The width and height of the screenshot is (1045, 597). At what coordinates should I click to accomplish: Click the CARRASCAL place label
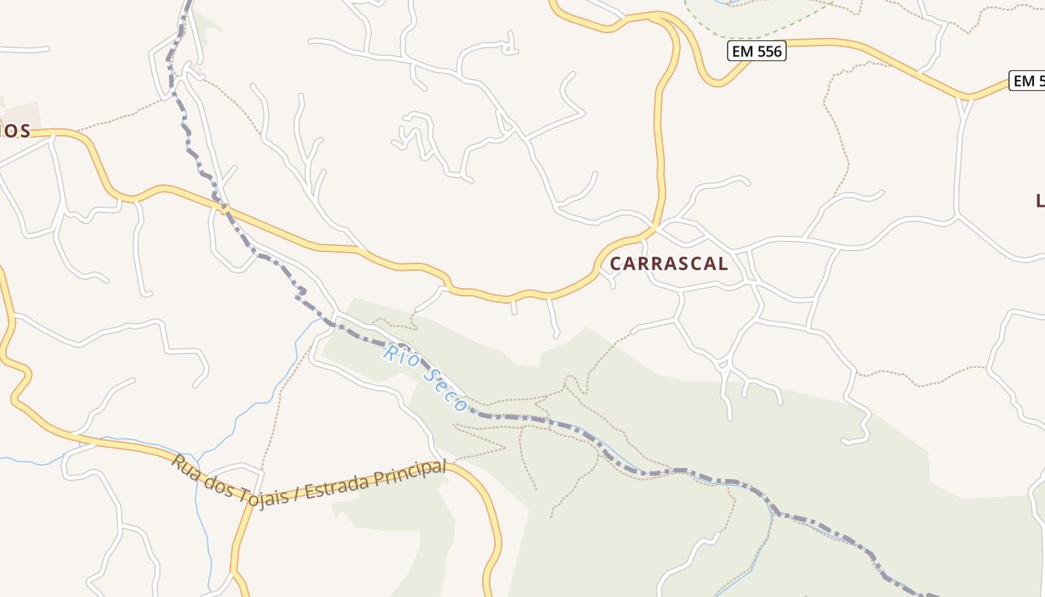click(x=669, y=263)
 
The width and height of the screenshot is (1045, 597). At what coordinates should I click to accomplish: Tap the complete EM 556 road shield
click(x=756, y=51)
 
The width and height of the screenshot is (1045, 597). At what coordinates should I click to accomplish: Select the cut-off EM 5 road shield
click(x=1027, y=81)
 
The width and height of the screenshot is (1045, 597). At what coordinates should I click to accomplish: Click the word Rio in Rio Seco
click(x=398, y=354)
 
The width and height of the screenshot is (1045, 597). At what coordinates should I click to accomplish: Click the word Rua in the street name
click(x=184, y=463)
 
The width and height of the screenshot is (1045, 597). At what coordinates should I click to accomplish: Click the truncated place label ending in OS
click(x=15, y=131)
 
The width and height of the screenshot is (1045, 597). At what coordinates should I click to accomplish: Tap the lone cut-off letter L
click(x=1040, y=200)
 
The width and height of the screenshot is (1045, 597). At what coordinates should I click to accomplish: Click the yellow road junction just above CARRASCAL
click(x=655, y=226)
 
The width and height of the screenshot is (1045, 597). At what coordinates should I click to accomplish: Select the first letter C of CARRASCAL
click(x=617, y=263)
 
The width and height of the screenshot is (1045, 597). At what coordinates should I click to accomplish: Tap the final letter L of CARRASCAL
click(x=722, y=263)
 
